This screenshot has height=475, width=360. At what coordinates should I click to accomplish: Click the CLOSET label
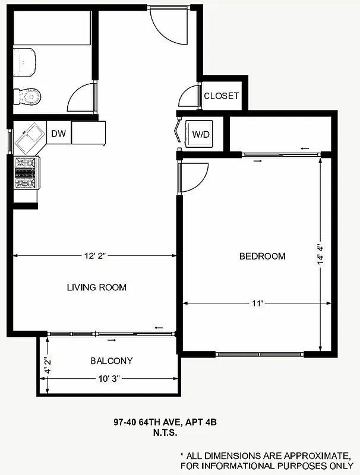click(221, 96)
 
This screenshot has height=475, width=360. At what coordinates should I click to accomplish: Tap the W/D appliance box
click(201, 134)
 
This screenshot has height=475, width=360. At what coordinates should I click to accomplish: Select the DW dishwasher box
click(58, 134)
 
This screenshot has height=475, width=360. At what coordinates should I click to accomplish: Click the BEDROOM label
click(262, 256)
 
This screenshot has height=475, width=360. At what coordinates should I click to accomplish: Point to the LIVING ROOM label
click(96, 287)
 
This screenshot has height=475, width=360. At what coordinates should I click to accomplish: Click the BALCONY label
click(111, 360)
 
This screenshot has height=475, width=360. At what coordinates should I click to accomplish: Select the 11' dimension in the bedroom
click(257, 303)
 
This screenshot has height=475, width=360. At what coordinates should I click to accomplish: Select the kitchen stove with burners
click(26, 173)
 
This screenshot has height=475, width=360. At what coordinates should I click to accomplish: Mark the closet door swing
click(189, 97)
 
